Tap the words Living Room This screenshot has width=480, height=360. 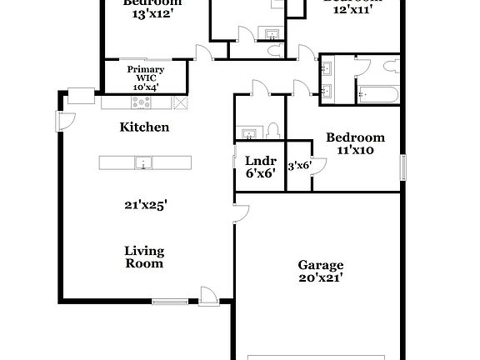pyautogui.click(x=144, y=257)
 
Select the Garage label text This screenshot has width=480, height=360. pyautogui.click(x=321, y=265)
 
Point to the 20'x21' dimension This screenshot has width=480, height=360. pyautogui.click(x=321, y=277)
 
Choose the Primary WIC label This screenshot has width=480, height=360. pyautogui.click(x=145, y=74)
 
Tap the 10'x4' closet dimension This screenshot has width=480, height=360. pyautogui.click(x=145, y=87)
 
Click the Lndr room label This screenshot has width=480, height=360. pyautogui.click(x=254, y=161)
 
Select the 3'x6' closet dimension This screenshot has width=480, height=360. pyautogui.click(x=299, y=166)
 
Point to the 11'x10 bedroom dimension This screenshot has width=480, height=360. pyautogui.click(x=355, y=151)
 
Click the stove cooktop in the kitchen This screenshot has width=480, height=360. pyautogui.click(x=140, y=103)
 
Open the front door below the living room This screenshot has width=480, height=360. pyautogui.click(x=207, y=295)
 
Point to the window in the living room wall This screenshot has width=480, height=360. pyautogui.click(x=170, y=301)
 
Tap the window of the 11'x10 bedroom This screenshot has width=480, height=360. pyautogui.click(x=403, y=166)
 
